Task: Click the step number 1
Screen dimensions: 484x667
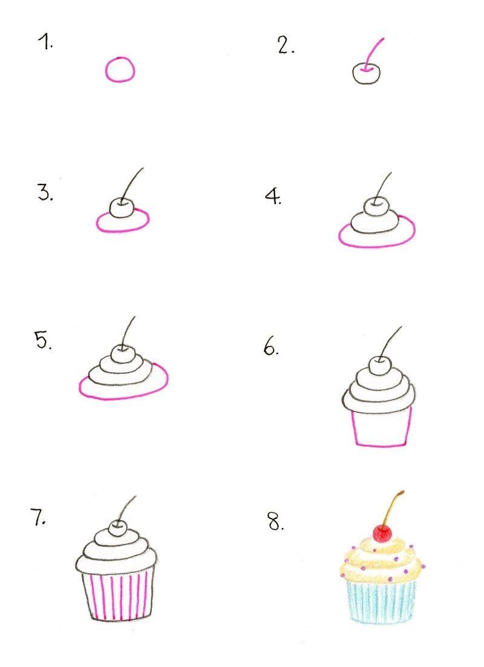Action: point(45,42)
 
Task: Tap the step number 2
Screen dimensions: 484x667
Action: point(286,45)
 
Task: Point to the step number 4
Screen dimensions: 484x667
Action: point(273,196)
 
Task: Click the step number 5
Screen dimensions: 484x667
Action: point(43,340)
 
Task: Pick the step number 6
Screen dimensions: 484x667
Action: point(271,347)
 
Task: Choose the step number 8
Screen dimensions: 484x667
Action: point(276,522)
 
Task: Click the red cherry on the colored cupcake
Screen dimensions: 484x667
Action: point(382,533)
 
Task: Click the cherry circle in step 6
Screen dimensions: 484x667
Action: point(369,366)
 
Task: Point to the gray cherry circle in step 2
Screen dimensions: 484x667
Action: point(353,73)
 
